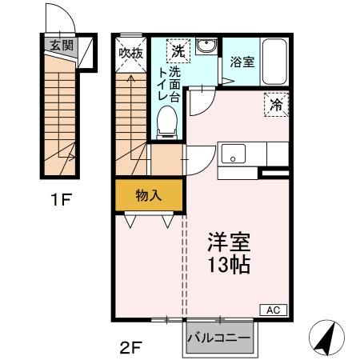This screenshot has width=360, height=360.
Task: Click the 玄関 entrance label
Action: [61, 46]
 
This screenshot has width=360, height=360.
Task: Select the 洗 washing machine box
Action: [178, 50]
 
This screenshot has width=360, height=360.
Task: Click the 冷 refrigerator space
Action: [275, 103]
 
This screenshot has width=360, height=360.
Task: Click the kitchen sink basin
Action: [235, 152]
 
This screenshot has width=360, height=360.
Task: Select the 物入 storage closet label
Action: [147, 194]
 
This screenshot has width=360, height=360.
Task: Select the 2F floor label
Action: [128, 348]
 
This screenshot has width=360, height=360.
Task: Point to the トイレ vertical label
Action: [162, 82]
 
